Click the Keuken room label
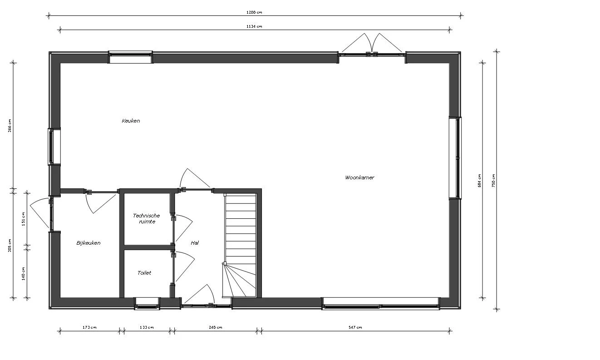click(131, 121)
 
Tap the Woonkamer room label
click(359, 178)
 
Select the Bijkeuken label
click(89, 243)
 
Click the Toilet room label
click(144, 273)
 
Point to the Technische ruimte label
click(146, 218)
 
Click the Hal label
click(195, 243)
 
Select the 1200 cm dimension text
click(255, 12)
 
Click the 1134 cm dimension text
click(255, 26)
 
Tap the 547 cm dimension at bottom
click(355, 327)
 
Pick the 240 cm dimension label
click(216, 327)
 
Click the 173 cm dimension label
click(90, 327)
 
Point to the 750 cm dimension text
click(493, 181)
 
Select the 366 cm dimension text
click(10, 125)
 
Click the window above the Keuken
click(130, 57)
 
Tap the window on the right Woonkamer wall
click(455, 158)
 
